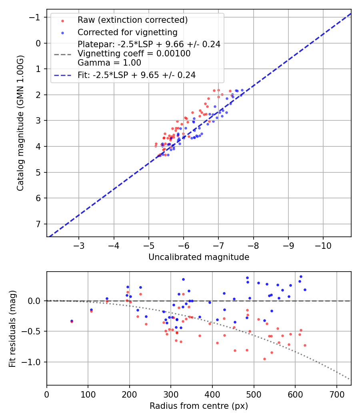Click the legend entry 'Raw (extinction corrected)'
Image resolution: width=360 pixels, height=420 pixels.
(132, 20)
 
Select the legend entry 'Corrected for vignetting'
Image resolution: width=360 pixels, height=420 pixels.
(128, 32)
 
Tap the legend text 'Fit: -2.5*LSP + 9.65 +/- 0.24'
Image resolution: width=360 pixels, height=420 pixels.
(136, 75)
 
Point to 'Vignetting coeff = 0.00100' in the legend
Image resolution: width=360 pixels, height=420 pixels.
(134, 54)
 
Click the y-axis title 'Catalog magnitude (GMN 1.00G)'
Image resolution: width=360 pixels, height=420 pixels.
(20, 123)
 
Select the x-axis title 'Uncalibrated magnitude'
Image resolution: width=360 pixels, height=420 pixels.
(199, 257)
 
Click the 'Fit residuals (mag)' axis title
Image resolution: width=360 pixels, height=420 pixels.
(12, 328)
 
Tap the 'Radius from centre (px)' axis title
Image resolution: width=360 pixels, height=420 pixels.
(199, 406)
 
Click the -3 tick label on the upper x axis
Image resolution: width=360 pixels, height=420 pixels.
(79, 245)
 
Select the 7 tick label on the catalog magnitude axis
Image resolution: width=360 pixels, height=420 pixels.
(39, 224)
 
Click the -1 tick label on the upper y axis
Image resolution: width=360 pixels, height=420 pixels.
(37, 17)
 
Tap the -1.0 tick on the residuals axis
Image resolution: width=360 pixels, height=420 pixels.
(34, 362)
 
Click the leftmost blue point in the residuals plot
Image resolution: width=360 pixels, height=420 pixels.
(72, 321)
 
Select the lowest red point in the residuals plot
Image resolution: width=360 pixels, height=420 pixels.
(264, 359)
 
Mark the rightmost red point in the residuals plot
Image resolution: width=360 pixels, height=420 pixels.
(305, 345)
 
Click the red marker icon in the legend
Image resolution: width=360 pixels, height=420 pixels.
(62, 20)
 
